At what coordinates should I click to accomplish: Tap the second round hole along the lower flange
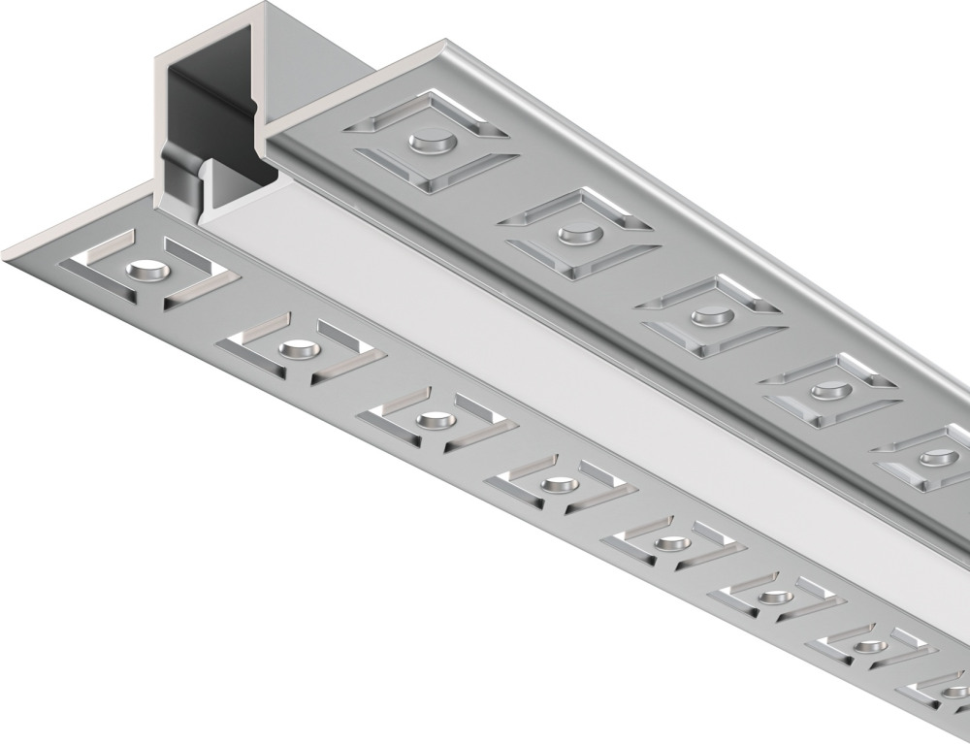293,347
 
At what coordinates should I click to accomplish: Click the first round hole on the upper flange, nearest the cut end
433,144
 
